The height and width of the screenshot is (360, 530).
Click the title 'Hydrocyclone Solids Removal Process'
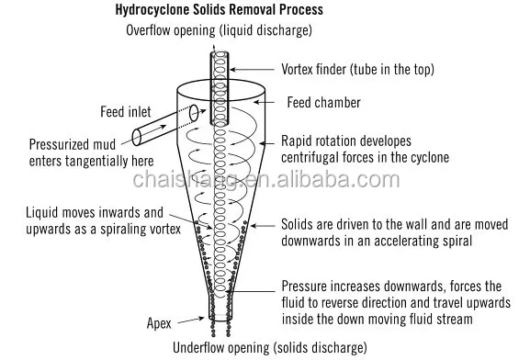[219, 12]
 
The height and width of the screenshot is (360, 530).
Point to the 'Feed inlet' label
[127, 112]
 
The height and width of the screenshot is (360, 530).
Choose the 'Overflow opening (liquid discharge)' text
[219, 31]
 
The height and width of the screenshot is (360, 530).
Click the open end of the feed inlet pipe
[136, 138]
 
